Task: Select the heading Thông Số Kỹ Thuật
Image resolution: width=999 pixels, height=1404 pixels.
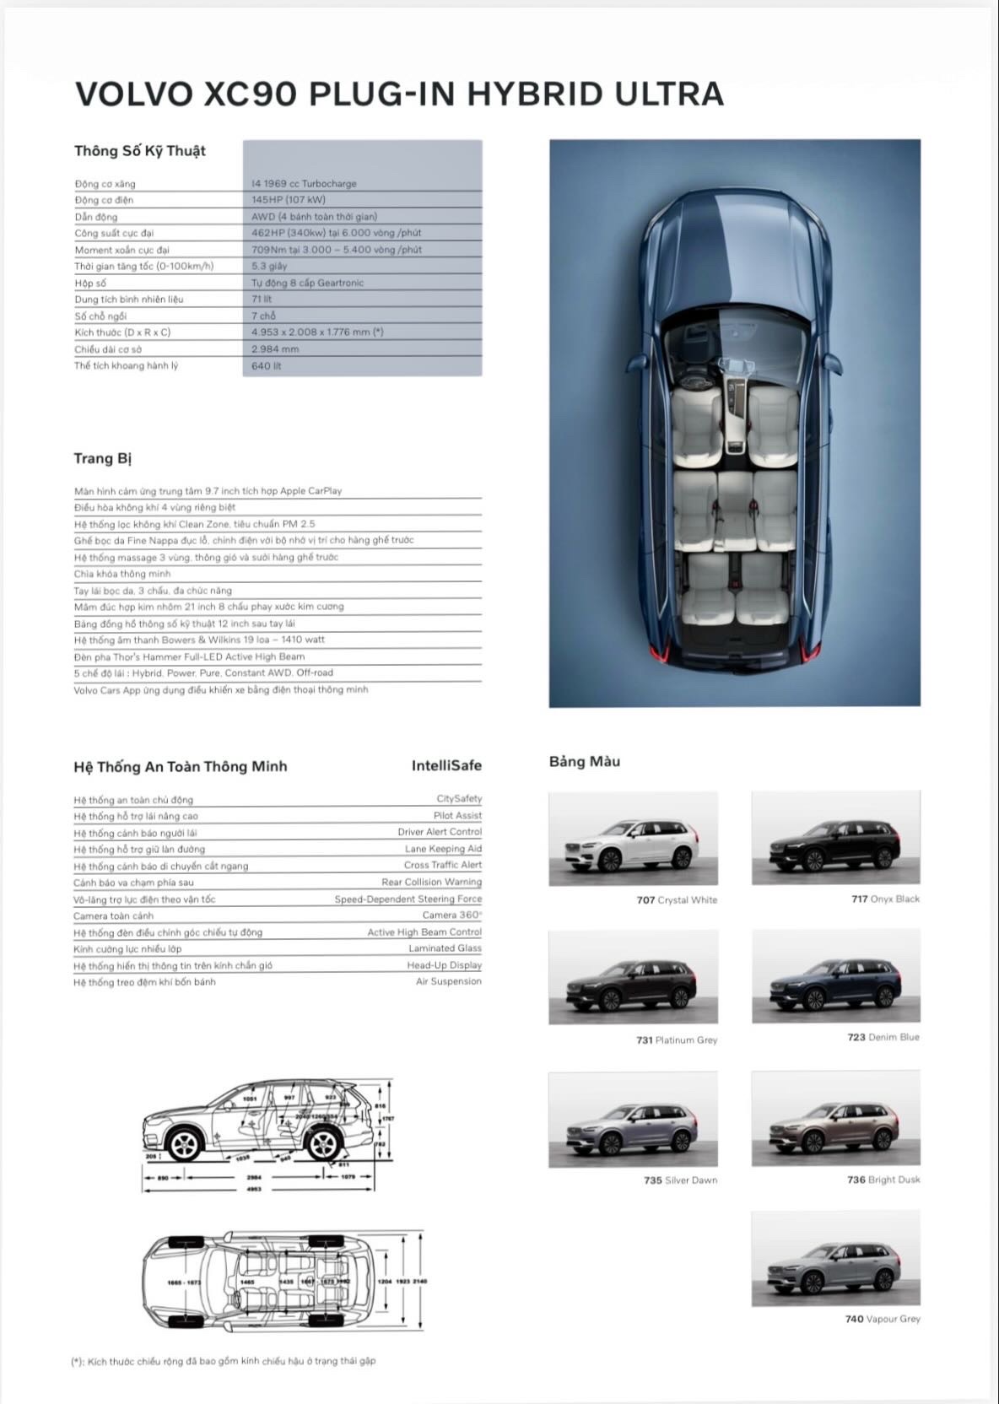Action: point(140,151)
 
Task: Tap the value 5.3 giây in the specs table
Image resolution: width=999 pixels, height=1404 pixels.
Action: point(269,266)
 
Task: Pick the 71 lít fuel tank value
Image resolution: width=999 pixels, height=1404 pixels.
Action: point(262,299)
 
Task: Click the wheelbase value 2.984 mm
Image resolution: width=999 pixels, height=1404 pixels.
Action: point(275,348)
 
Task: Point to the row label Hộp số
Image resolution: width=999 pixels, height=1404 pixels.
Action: point(90,283)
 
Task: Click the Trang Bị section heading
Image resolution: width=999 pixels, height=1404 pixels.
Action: point(103,458)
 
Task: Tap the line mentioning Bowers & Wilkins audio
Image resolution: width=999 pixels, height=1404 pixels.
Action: point(199,640)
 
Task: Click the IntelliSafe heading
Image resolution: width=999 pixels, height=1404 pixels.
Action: point(446,765)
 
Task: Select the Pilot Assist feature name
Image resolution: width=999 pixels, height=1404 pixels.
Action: point(457,815)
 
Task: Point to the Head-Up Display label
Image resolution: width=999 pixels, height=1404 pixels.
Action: point(444,964)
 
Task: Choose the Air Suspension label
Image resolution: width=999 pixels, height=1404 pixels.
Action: point(448,981)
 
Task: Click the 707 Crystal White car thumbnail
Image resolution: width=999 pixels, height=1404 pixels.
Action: point(633,839)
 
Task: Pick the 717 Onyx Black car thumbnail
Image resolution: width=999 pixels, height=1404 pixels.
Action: point(835,839)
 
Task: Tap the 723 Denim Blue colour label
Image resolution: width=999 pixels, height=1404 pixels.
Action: point(883,1037)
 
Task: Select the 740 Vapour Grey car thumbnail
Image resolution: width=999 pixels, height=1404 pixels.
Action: point(835,1259)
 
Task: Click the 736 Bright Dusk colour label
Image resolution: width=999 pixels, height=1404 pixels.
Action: point(883,1180)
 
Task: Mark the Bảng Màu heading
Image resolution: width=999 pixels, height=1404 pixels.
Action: point(585,761)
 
